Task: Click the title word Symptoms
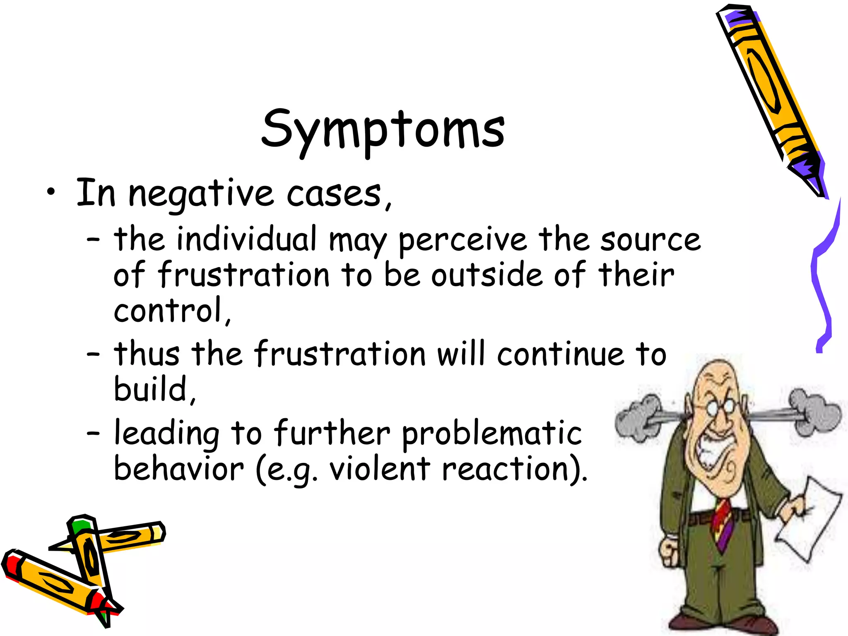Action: [383, 129]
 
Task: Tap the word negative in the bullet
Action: [201, 194]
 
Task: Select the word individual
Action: [247, 239]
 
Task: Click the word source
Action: [650, 240]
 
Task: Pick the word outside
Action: [487, 275]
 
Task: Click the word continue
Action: [561, 354]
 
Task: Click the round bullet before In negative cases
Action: [51, 192]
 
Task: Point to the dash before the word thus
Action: [94, 354]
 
